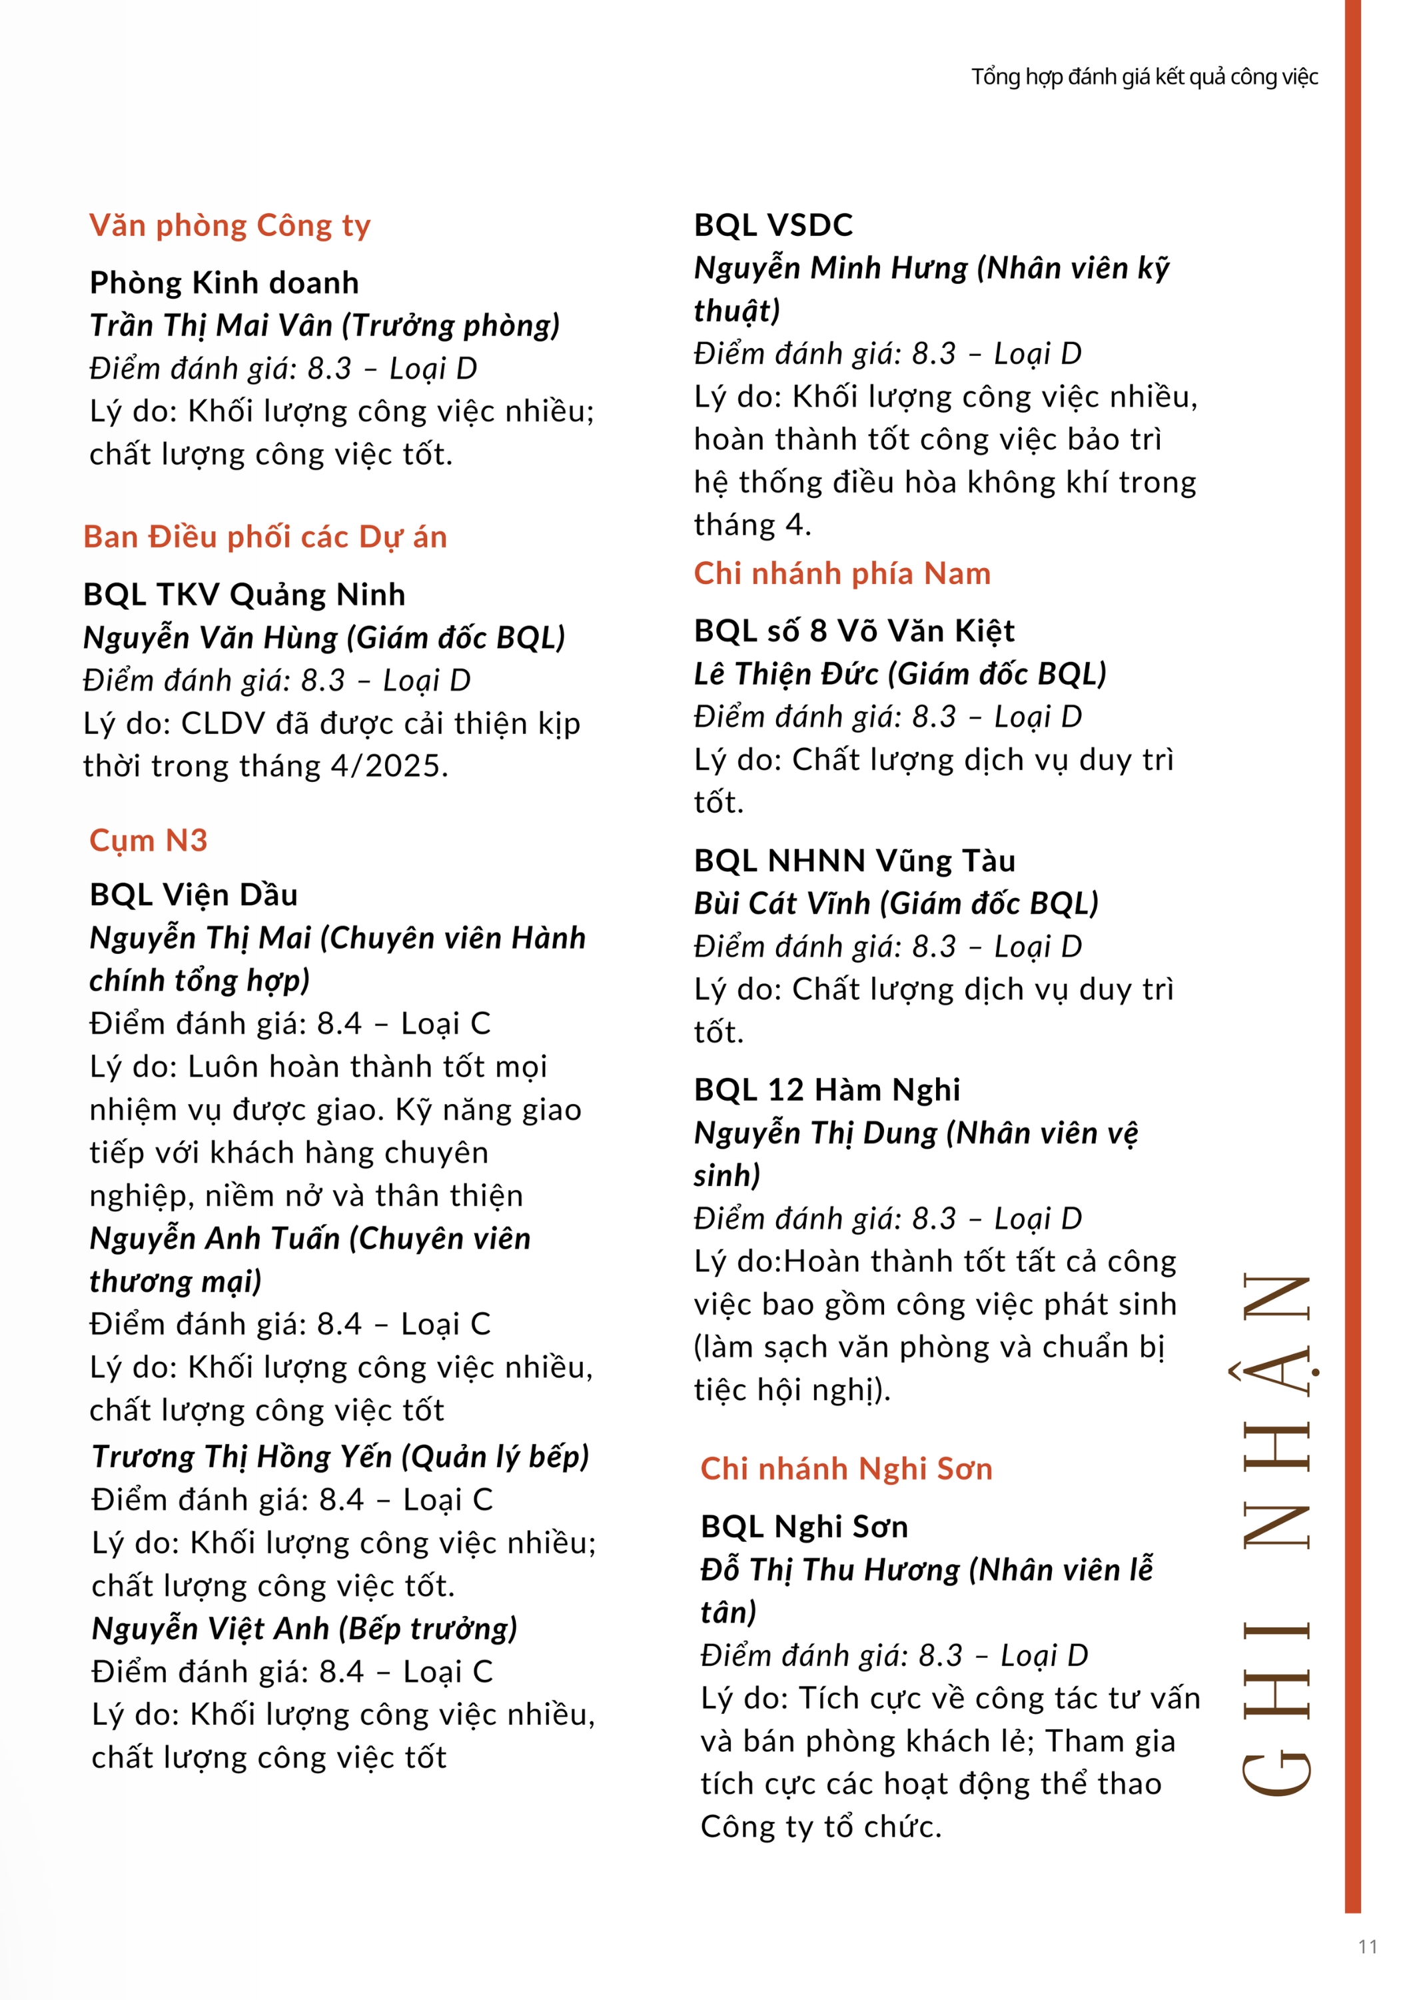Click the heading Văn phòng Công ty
(x=230, y=225)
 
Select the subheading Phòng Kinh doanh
(x=224, y=283)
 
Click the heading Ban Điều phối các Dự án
(x=264, y=537)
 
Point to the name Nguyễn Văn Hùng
(x=210, y=637)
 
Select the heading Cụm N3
(x=148, y=841)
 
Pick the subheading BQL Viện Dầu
(x=193, y=895)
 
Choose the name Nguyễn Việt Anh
(x=210, y=1629)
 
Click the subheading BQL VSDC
(x=773, y=225)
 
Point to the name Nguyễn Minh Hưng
(x=831, y=268)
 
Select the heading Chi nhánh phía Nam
(x=842, y=574)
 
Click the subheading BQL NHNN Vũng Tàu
(x=854, y=861)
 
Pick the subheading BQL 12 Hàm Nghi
(x=826, y=1091)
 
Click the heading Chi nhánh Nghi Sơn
(x=846, y=1469)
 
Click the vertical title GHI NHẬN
(x=1276, y=1533)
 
